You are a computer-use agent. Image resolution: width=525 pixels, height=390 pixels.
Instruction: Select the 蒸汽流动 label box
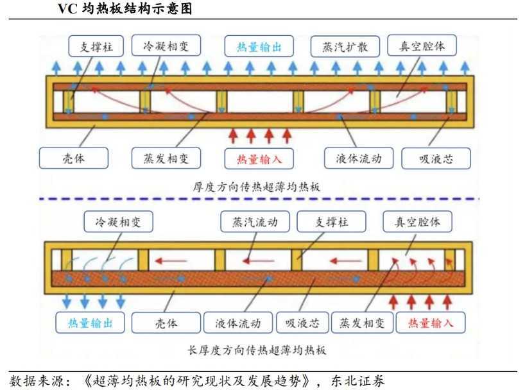pyautogui.click(x=250, y=223)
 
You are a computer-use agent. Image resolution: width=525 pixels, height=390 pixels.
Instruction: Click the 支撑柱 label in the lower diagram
pyautogui.click(x=331, y=223)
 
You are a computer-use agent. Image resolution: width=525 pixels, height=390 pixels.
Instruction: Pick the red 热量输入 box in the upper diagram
pyautogui.click(x=255, y=158)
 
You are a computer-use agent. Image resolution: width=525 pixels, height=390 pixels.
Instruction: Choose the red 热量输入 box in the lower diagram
pyautogui.click(x=429, y=323)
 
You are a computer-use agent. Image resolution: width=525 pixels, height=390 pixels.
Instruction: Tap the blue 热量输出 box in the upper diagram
pyautogui.click(x=255, y=47)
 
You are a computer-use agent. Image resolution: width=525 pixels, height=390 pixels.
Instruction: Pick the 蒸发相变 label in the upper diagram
pyautogui.click(x=163, y=158)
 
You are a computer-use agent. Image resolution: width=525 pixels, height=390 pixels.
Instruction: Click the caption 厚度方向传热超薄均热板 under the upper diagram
pyautogui.click(x=256, y=187)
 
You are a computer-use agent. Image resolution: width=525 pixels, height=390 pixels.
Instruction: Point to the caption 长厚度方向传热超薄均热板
pyautogui.click(x=256, y=351)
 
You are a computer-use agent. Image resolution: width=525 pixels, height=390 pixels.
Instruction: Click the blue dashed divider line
pyautogui.click(x=257, y=199)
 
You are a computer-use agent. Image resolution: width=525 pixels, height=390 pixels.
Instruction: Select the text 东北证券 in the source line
pyautogui.click(x=361, y=380)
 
